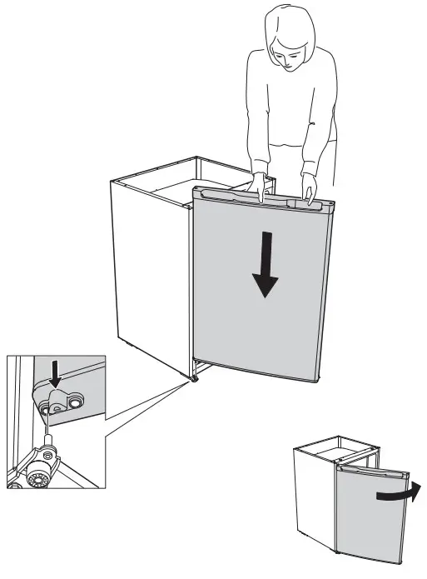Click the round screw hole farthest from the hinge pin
pyautogui.click(x=77, y=402)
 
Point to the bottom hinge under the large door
pyautogui.click(x=194, y=380)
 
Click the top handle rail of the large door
pyautogui.click(x=250, y=197)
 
